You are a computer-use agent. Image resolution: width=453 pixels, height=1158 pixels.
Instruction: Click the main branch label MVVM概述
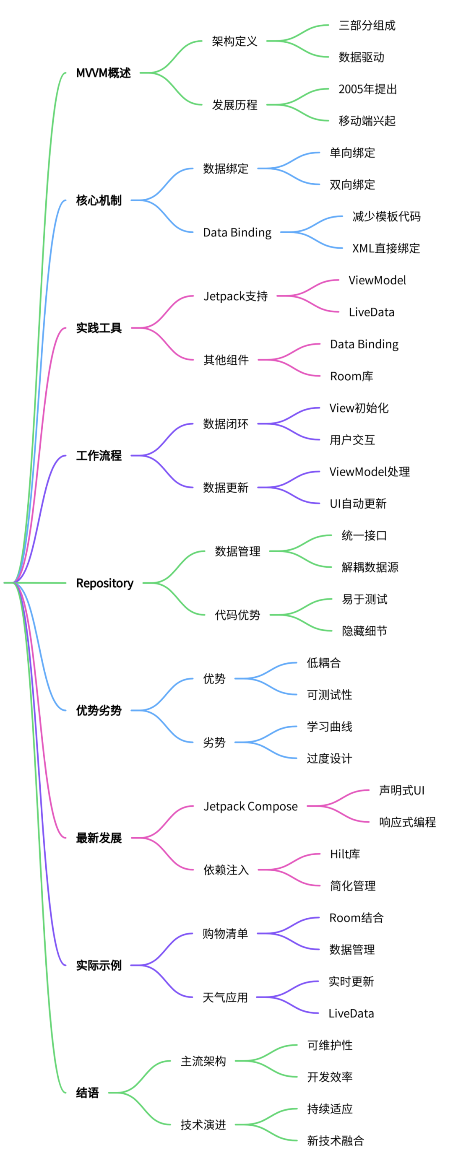point(104,73)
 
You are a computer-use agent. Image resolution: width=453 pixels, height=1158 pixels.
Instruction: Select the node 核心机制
point(99,200)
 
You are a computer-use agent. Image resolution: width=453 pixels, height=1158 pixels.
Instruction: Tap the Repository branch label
point(105,583)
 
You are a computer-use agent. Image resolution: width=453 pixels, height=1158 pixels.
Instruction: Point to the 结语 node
point(87,1093)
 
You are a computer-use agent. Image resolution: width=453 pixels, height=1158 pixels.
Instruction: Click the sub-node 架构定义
point(234,42)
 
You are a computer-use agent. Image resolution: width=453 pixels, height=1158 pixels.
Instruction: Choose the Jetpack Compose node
point(250,807)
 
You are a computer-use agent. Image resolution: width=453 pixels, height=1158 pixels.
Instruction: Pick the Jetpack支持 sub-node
point(235,296)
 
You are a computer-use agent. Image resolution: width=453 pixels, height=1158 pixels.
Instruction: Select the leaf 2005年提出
point(367,89)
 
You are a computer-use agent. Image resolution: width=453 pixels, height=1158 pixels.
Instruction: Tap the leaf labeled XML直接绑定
point(386,248)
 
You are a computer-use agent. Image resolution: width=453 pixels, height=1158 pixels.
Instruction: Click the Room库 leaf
point(352,376)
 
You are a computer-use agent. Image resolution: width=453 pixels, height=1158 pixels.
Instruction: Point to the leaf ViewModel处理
point(370,472)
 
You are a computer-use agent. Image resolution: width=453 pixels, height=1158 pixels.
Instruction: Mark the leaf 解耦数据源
point(370,567)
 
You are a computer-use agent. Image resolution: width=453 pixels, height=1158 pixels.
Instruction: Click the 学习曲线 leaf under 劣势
point(329,727)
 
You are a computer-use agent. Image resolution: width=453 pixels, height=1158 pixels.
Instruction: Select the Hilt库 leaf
point(345,854)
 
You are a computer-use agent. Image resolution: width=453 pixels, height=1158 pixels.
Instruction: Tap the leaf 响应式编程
point(407,822)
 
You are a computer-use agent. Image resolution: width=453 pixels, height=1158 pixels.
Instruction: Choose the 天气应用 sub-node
point(225,997)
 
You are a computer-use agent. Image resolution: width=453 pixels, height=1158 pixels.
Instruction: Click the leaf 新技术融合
point(335,1140)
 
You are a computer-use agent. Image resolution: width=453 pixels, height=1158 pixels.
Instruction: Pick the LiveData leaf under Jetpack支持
point(372,312)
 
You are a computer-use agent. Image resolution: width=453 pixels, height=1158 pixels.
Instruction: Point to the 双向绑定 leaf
point(352,185)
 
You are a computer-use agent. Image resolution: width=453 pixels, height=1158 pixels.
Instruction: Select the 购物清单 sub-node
point(225,934)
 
